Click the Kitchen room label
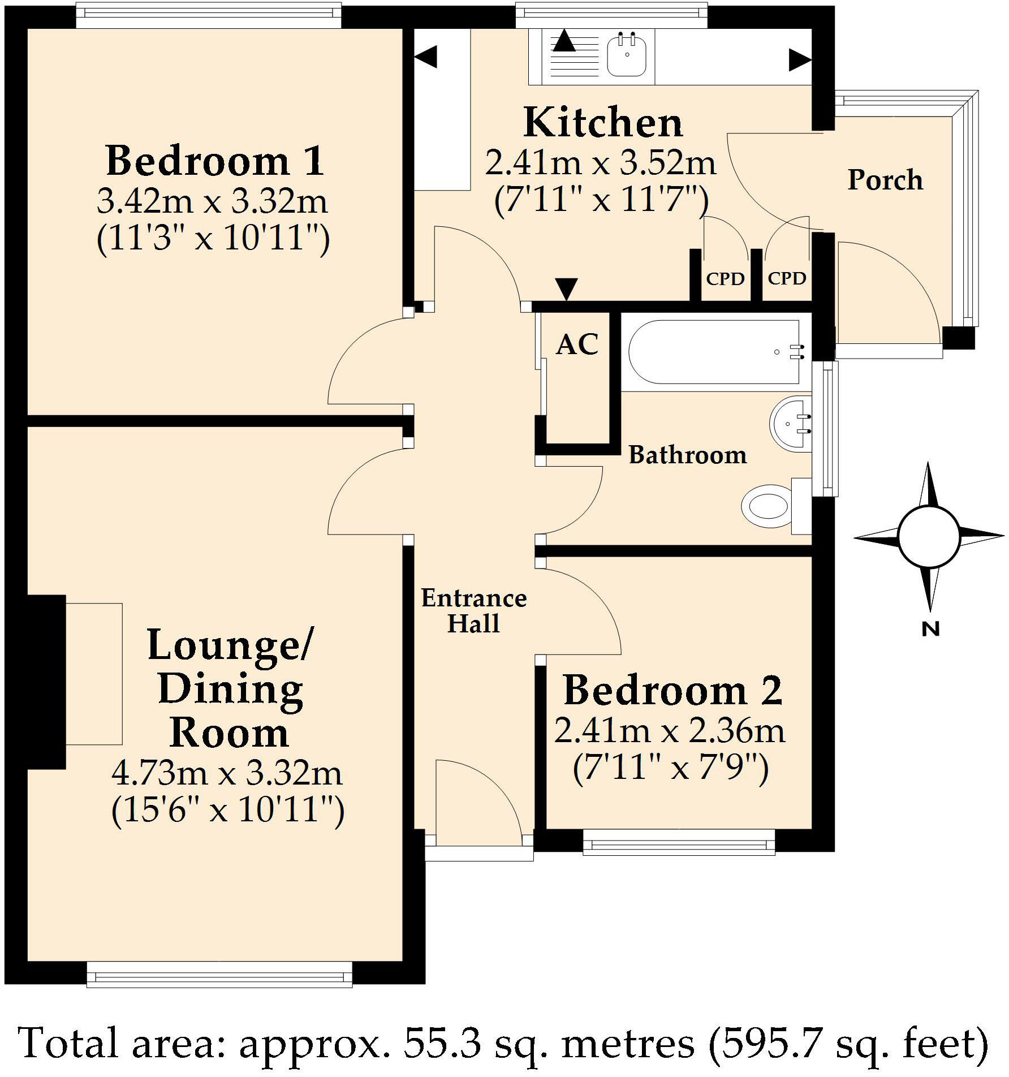pyautogui.click(x=603, y=123)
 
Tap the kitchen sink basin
pyautogui.click(x=627, y=55)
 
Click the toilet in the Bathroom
pyautogui.click(x=767, y=506)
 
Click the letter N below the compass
pyautogui.click(x=930, y=629)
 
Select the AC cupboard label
pyautogui.click(x=577, y=344)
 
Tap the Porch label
pyautogui.click(x=885, y=180)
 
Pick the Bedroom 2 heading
pyautogui.click(x=673, y=691)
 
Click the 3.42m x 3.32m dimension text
pyautogui.click(x=212, y=201)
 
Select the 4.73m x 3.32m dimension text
pyautogui.click(x=227, y=773)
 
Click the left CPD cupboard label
pyautogui.click(x=725, y=279)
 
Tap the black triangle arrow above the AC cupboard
pyautogui.click(x=566, y=288)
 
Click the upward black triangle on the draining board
pyautogui.click(x=563, y=41)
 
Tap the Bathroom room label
pyautogui.click(x=688, y=455)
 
